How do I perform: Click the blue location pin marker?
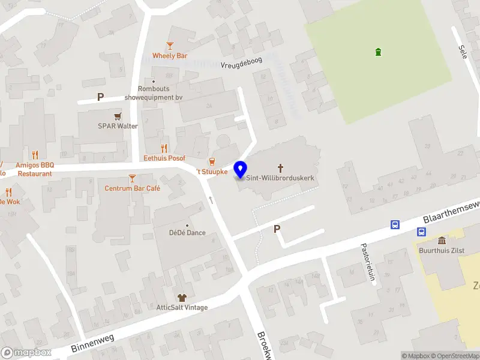pyautogui.click(x=240, y=169)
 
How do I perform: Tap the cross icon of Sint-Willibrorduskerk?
pyautogui.click(x=280, y=168)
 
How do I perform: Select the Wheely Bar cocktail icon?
pyautogui.click(x=170, y=46)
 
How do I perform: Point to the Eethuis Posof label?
pyautogui.click(x=164, y=158)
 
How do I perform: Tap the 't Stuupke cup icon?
pyautogui.click(x=211, y=161)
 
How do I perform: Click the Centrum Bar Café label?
pyautogui.click(x=133, y=188)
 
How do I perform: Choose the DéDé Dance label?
pyautogui.click(x=187, y=233)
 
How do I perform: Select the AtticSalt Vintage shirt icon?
pyautogui.click(x=182, y=298)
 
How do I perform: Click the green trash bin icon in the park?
pyautogui.click(x=377, y=52)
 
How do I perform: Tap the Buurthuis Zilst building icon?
pyautogui.click(x=442, y=240)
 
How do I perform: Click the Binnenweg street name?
pyautogui.click(x=92, y=343)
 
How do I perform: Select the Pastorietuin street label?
pyautogui.click(x=367, y=262)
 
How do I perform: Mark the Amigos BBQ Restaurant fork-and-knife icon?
pyautogui.click(x=35, y=154)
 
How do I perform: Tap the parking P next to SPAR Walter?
pyautogui.click(x=100, y=97)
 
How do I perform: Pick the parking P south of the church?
pyautogui.click(x=277, y=229)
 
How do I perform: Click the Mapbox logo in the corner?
pyautogui.click(x=26, y=353)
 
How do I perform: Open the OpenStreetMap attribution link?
pyautogui.click(x=454, y=356)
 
